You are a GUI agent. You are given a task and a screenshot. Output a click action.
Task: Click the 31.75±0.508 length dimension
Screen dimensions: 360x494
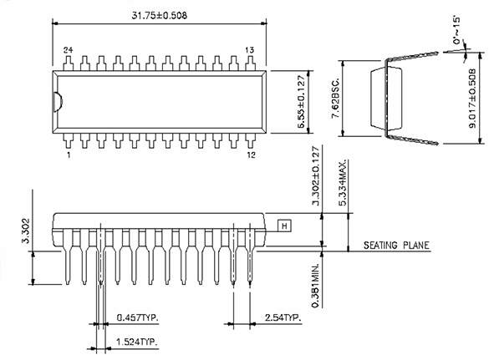click(x=159, y=14)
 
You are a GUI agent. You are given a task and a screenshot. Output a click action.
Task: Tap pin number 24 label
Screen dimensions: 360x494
click(x=68, y=50)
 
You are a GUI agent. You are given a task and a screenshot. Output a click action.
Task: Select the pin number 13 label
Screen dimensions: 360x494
click(x=249, y=50)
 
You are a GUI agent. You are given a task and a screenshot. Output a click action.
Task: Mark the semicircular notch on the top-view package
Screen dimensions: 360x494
click(x=58, y=102)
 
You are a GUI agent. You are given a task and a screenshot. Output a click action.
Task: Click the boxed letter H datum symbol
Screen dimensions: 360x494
click(x=283, y=226)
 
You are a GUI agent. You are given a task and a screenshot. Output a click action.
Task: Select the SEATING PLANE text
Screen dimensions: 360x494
click(x=395, y=246)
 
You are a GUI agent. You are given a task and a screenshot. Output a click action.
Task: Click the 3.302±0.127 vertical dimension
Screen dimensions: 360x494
click(x=315, y=178)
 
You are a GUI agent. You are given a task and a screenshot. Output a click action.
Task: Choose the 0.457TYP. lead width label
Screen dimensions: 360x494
click(x=138, y=318)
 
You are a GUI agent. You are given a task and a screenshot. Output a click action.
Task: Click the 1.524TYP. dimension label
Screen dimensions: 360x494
click(x=138, y=342)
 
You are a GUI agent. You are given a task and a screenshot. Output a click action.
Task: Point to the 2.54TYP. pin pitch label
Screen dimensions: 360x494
click(x=281, y=318)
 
